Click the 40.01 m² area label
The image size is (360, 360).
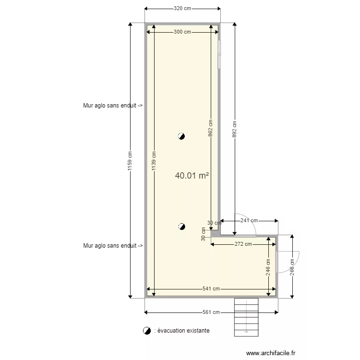click(192, 176)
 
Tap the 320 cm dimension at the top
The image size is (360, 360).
click(182, 8)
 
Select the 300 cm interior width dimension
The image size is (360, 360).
click(182, 32)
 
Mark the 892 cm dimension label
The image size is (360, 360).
click(235, 129)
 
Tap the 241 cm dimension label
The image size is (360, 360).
click(249, 221)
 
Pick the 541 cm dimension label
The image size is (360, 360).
click(211, 289)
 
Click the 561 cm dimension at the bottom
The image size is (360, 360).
click(211, 312)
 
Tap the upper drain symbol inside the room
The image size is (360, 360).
click(181, 136)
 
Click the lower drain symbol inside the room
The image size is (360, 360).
click(181, 226)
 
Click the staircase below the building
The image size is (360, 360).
click(246, 317)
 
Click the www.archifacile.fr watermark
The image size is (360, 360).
click(271, 353)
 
